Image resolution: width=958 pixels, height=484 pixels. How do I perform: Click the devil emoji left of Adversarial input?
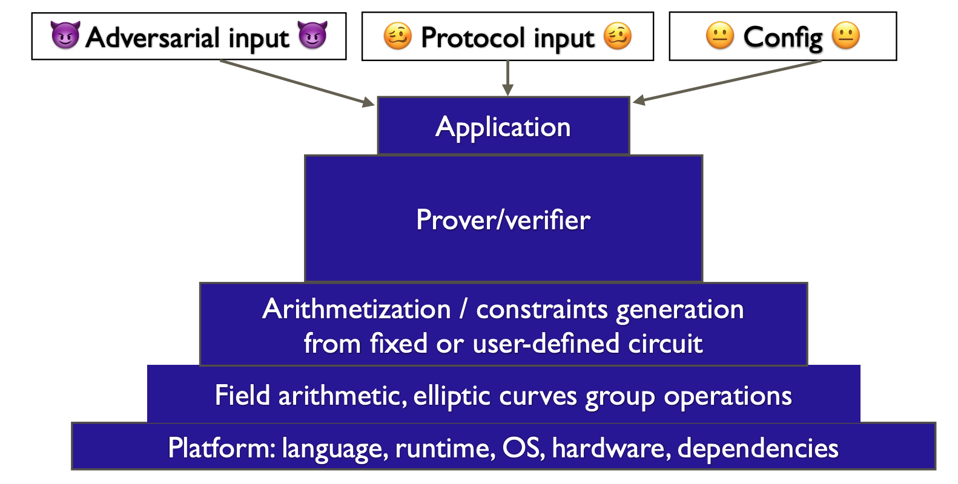point(65,36)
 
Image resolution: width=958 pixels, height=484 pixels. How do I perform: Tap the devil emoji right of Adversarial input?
point(312,36)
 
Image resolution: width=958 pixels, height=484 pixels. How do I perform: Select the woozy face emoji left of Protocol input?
point(398,36)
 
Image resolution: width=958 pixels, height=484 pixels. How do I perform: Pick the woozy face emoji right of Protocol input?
point(618,36)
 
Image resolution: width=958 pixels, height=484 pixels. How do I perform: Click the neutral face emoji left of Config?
point(719,36)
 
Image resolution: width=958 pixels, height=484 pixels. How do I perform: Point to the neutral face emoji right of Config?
point(846,36)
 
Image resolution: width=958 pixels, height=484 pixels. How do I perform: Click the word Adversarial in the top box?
point(153,38)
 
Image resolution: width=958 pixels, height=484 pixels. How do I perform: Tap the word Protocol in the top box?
point(472,38)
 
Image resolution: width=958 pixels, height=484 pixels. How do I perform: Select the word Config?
point(782,38)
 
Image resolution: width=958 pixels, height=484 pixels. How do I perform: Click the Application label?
point(503,128)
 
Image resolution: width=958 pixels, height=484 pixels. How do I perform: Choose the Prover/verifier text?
point(503,220)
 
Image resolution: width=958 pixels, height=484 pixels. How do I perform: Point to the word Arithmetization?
point(357,310)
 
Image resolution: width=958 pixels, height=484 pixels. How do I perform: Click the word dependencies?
point(758,448)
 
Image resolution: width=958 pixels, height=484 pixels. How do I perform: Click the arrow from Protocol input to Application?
point(508,78)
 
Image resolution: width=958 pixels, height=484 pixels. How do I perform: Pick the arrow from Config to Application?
point(727,81)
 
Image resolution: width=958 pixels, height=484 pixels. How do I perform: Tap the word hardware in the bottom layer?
point(610,448)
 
